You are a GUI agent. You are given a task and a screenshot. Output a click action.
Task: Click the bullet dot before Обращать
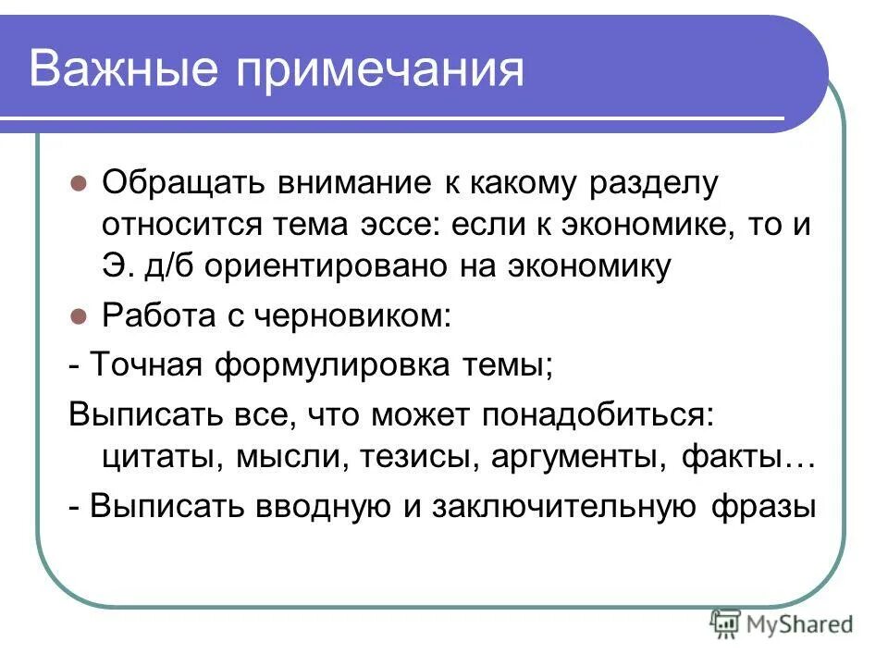tap(79, 183)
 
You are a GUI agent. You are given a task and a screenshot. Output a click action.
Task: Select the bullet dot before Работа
tap(79, 315)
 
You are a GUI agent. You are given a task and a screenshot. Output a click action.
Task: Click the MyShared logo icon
tap(724, 624)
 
